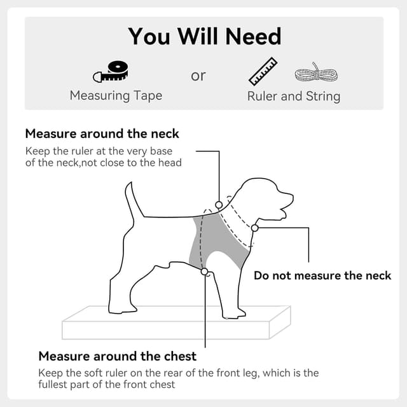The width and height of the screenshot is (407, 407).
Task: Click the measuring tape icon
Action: (110, 72)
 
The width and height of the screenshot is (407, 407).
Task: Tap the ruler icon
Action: (263, 71)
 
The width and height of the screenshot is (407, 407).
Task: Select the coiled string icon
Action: (316, 72)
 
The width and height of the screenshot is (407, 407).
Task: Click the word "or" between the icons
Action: (198, 76)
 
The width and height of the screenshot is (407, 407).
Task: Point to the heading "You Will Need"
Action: (204, 36)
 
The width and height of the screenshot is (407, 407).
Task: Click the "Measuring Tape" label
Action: (116, 96)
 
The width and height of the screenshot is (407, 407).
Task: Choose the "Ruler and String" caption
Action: (294, 96)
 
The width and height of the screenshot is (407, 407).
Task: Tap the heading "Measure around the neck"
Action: (102, 134)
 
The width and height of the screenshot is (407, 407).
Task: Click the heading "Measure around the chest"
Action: (117, 356)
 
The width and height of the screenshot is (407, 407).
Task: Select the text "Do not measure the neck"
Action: (322, 275)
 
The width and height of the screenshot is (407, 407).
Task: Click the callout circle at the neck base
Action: (219, 205)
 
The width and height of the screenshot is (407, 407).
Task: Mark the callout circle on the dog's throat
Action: (254, 228)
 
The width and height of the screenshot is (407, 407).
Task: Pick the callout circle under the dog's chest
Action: (205, 272)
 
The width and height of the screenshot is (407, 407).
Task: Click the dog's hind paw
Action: (122, 309)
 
